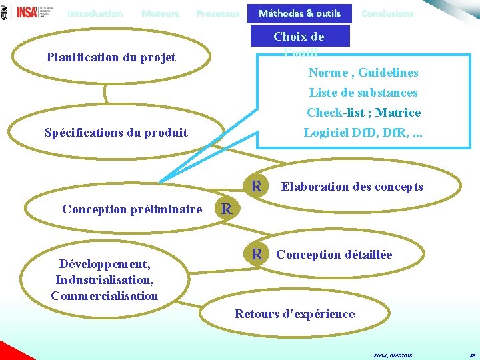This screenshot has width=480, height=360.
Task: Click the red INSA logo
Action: click(x=27, y=11)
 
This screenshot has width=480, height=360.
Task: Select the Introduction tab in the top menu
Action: click(x=95, y=13)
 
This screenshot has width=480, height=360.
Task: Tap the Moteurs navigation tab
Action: click(x=160, y=13)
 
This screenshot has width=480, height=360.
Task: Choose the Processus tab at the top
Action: click(x=217, y=13)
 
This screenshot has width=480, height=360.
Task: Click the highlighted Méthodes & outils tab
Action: click(x=299, y=13)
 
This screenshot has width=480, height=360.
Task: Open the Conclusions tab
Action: click(x=387, y=13)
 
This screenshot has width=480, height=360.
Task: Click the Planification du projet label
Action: click(x=111, y=57)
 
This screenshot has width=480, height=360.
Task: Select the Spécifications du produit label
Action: click(x=116, y=133)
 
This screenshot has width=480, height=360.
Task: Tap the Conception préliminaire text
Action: click(x=132, y=209)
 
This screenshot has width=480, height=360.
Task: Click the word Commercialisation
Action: click(x=104, y=295)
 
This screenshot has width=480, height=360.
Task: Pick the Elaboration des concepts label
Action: click(x=352, y=187)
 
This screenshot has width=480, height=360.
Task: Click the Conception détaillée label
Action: click(x=334, y=255)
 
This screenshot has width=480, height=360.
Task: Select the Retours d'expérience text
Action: click(x=295, y=314)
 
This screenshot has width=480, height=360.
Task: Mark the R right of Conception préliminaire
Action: click(x=227, y=209)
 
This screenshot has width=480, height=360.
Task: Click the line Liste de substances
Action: click(x=363, y=93)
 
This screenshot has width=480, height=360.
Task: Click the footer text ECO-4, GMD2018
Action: click(x=393, y=356)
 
